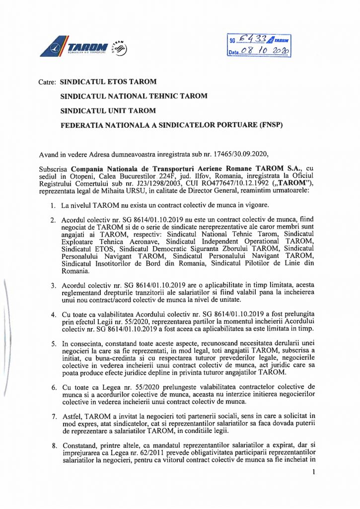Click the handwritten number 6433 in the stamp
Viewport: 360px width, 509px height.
(254, 39)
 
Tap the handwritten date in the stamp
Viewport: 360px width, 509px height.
(266, 51)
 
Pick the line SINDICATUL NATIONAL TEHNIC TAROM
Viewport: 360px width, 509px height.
(134, 96)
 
